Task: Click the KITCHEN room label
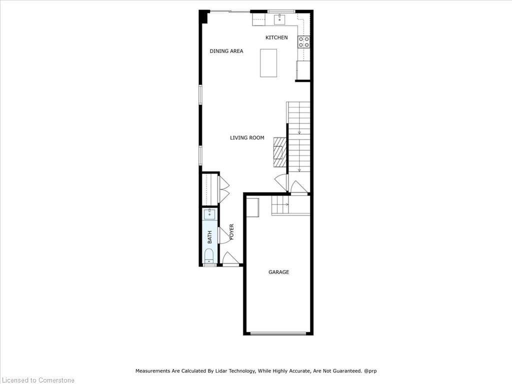276,37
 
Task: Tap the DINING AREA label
226,51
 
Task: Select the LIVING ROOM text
247,138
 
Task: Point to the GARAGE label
278,272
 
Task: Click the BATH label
209,237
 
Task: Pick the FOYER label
231,232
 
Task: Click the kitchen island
268,63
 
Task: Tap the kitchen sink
279,19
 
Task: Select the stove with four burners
303,42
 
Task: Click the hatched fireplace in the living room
280,152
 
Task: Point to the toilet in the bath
208,256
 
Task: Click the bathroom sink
209,214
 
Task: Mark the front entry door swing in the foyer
231,258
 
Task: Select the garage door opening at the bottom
278,333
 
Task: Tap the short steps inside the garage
281,205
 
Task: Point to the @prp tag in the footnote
370,370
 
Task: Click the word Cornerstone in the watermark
56,380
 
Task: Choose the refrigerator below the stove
302,70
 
